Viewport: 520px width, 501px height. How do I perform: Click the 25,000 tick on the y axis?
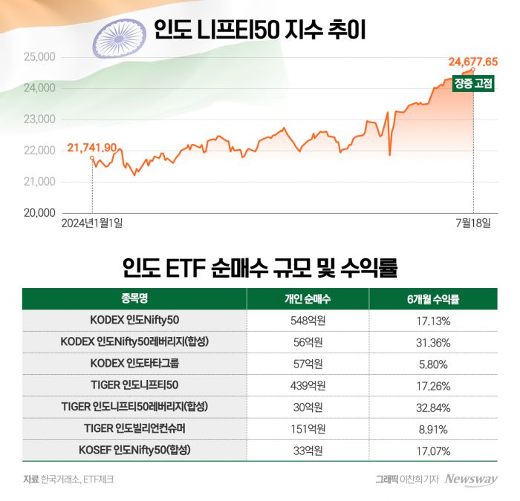click(40, 56)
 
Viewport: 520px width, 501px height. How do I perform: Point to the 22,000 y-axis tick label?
click(40, 150)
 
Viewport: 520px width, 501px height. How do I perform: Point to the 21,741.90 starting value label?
click(91, 148)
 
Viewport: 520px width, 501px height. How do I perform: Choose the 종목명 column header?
click(134, 299)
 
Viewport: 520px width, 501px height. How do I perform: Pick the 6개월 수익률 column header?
click(433, 299)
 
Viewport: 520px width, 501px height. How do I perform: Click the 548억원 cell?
click(308, 321)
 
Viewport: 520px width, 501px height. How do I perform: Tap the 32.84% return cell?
click(433, 407)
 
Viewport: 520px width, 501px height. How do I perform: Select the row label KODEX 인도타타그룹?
click(134, 364)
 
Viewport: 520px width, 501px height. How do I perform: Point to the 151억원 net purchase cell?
click(308, 428)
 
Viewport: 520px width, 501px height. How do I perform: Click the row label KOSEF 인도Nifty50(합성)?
click(134, 450)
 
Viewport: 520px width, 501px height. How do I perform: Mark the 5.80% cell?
click(433, 364)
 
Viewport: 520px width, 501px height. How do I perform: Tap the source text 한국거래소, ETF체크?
click(77, 479)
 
